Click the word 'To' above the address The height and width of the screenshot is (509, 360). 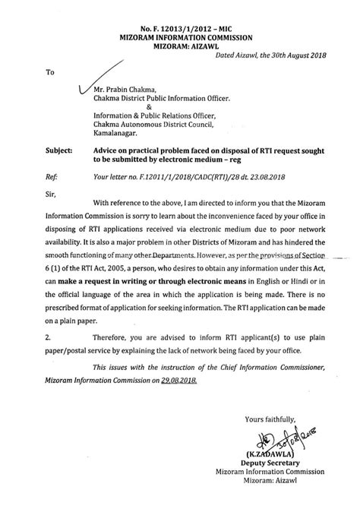coord(51,74)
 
